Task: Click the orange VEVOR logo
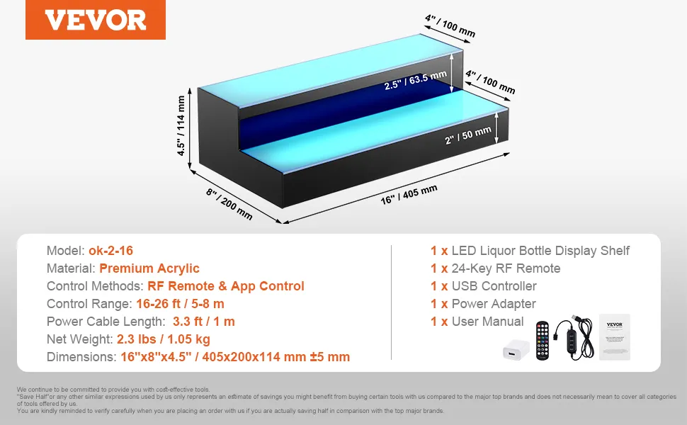96,20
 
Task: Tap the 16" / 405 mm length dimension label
409,195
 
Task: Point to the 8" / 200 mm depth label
229,204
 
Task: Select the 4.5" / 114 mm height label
181,126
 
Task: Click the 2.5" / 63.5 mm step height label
415,80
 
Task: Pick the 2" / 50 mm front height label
468,135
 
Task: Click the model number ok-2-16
111,251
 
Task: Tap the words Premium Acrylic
149,268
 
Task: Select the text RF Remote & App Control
226,286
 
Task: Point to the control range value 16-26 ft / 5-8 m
180,304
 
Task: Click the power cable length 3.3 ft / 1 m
204,321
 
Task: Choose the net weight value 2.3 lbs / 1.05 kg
164,339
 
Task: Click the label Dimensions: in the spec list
81,357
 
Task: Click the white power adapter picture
516,350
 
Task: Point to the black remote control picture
543,341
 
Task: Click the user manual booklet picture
615,337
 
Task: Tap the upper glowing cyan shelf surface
331,71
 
